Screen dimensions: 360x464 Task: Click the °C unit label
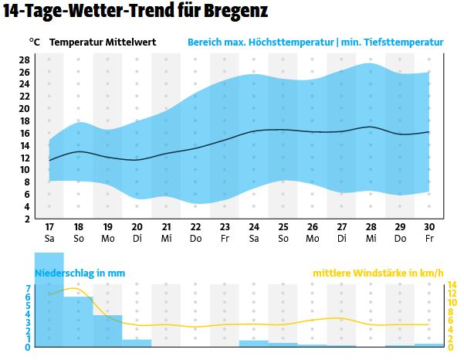[x=34, y=42]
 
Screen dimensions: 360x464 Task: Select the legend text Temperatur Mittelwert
[x=102, y=42]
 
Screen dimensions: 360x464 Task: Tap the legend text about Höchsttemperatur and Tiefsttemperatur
[x=315, y=42]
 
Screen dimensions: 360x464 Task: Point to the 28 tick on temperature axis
[x=24, y=59]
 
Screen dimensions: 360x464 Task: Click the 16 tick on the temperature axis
[x=24, y=133]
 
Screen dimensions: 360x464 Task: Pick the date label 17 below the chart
[x=49, y=227]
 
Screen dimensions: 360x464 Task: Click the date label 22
[x=195, y=227]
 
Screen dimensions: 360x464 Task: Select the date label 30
[x=429, y=227]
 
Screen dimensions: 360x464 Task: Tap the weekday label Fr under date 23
[x=225, y=239]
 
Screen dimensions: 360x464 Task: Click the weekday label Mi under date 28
[x=371, y=239]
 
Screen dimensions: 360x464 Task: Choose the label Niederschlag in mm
[x=80, y=273]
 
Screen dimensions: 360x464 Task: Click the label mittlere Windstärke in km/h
[x=378, y=273]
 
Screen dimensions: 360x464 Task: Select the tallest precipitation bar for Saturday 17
[x=49, y=309]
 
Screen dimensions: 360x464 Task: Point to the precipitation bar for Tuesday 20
[x=137, y=343]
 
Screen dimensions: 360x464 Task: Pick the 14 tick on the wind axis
[x=452, y=284]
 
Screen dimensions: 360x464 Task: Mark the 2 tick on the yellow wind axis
[x=452, y=338]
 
